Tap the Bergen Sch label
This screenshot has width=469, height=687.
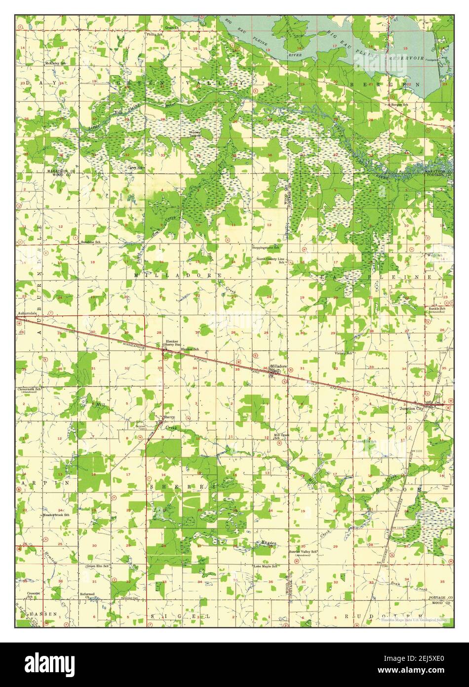[x=399, y=105]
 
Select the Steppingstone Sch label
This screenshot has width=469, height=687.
[x=266, y=247]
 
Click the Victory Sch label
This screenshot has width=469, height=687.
[x=343, y=353]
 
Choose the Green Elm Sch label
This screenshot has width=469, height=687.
[x=97, y=566]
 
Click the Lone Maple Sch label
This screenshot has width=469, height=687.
[x=265, y=566]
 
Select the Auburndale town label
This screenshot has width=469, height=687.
[x=27, y=313]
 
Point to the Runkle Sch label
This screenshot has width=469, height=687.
[x=437, y=309]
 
